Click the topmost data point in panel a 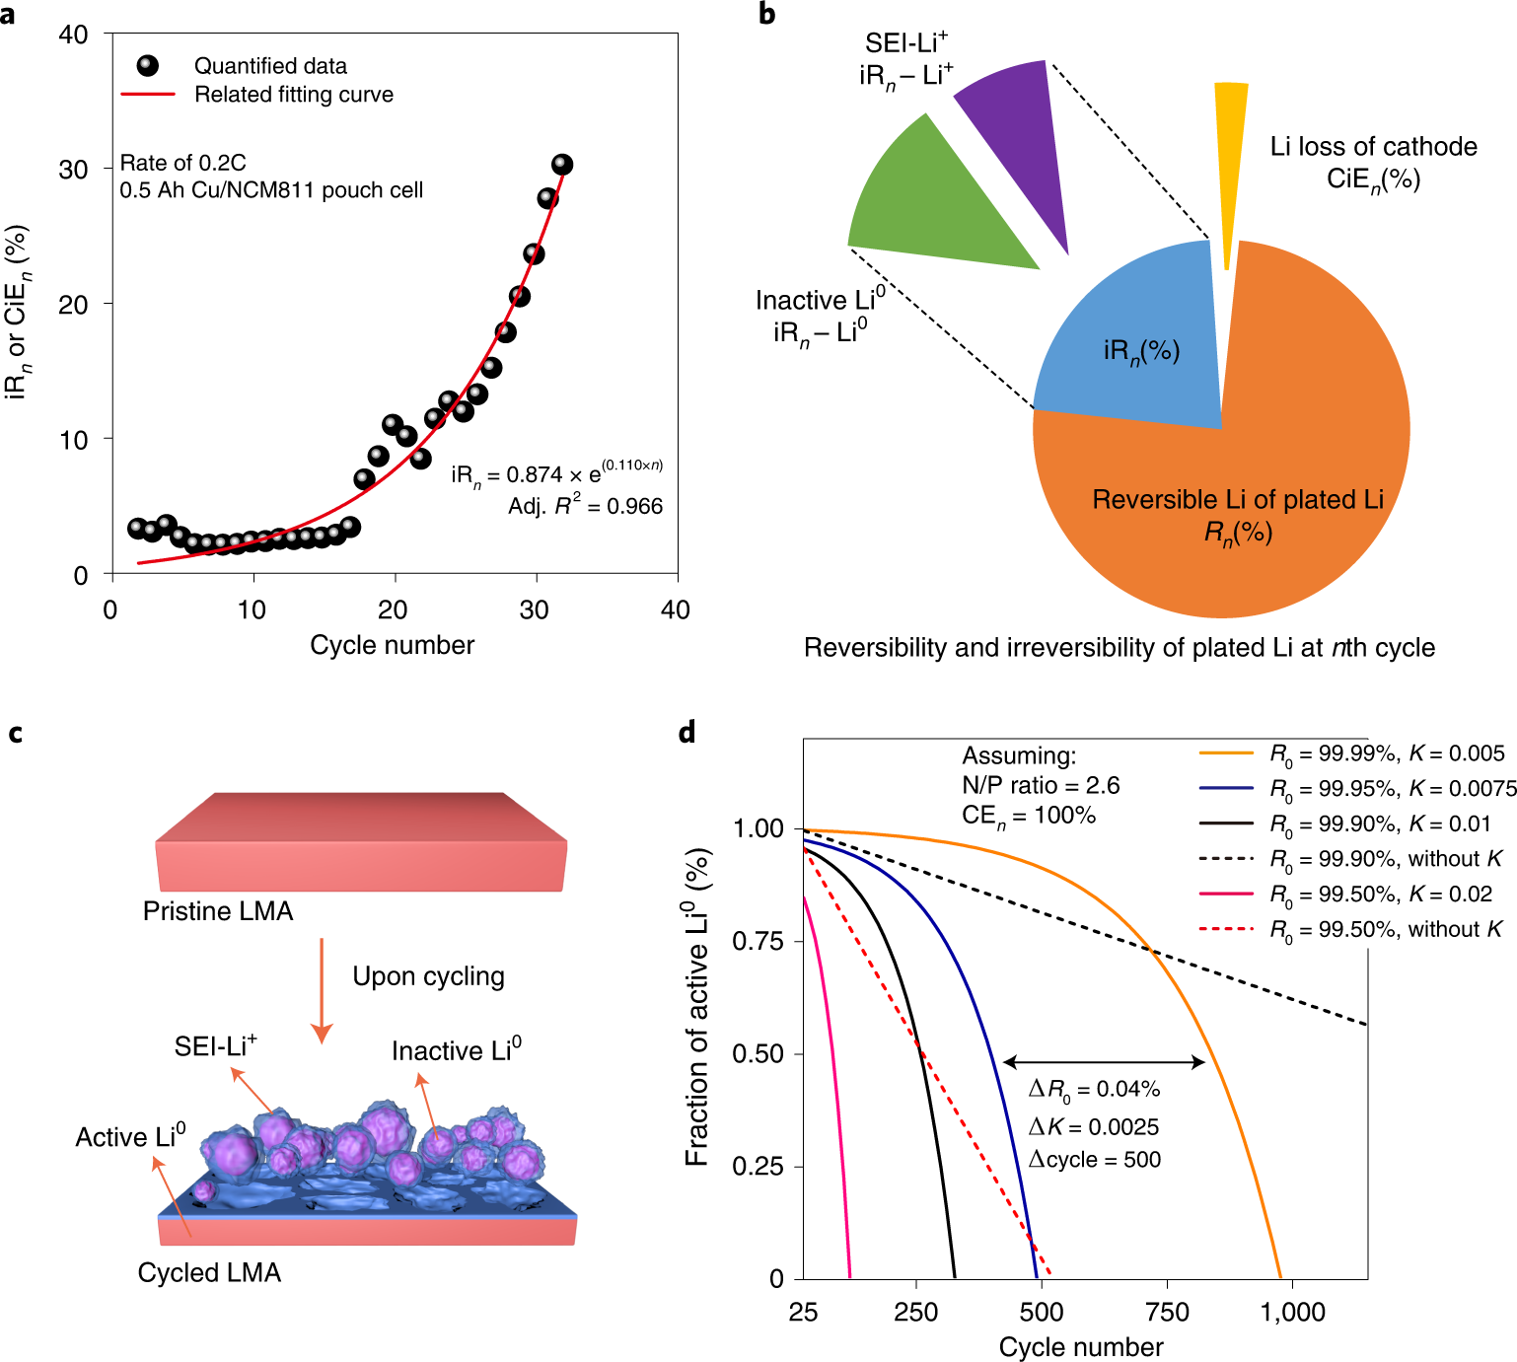[562, 165]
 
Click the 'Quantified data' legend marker [147, 66]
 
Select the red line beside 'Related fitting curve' [147, 95]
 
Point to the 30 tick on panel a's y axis [74, 170]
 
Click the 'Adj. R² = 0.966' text [585, 506]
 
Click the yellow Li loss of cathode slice [1229, 148]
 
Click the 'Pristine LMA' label [218, 911]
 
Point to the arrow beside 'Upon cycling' [322, 991]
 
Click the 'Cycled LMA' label [209, 1272]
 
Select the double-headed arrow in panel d [1104, 1062]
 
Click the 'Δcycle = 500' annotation [1094, 1160]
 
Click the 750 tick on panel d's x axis [1167, 1312]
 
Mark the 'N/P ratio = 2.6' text [1041, 785]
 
